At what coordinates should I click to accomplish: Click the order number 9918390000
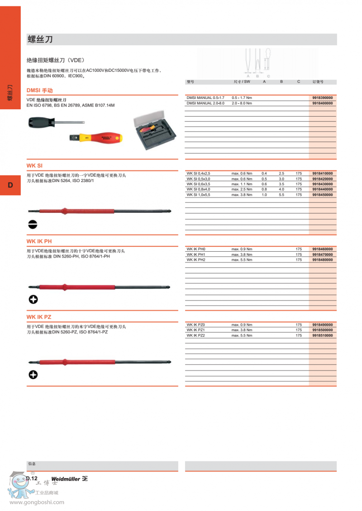click(322, 98)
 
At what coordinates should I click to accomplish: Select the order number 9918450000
click(322, 195)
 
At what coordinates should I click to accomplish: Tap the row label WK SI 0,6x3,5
click(198, 184)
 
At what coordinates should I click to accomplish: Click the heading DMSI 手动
click(39, 90)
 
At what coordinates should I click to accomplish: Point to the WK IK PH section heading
click(39, 241)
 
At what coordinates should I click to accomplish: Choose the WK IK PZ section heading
click(39, 317)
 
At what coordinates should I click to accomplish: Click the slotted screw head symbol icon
click(33, 225)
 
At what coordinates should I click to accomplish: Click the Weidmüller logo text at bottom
click(66, 479)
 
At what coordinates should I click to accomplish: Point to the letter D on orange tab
click(10, 185)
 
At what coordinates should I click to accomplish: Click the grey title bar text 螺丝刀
click(40, 39)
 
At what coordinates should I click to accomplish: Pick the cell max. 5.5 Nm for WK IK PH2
click(242, 260)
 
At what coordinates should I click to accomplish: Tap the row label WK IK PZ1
click(196, 330)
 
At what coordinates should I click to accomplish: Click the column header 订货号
click(318, 82)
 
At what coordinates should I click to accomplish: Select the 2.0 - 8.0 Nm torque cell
click(242, 103)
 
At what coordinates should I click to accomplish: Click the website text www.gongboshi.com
click(37, 502)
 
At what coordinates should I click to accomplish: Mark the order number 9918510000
click(322, 335)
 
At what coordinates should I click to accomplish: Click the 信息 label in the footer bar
click(31, 464)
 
